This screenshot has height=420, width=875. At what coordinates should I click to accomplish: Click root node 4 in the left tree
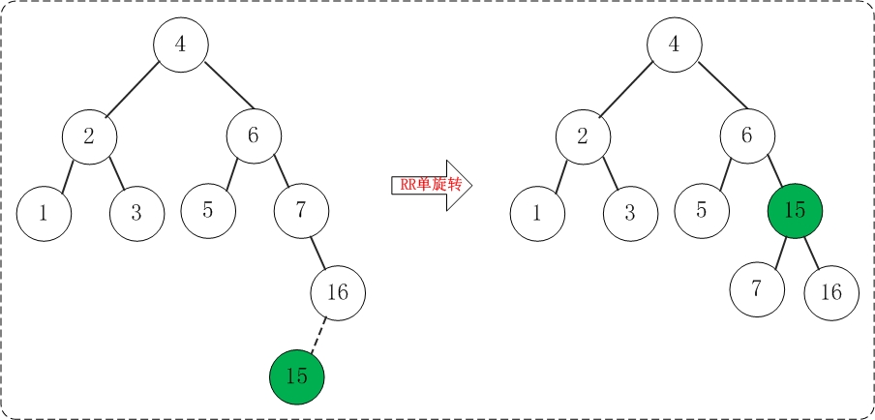[181, 45]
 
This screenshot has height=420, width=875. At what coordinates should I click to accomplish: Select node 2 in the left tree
[89, 135]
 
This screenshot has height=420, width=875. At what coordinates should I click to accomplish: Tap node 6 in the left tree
[254, 135]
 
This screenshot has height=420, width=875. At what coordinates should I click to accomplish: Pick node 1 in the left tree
[44, 213]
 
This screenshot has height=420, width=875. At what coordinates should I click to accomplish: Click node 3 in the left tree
[136, 213]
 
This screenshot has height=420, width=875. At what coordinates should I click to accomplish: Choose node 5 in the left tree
[208, 210]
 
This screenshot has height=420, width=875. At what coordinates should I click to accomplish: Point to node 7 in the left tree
[300, 210]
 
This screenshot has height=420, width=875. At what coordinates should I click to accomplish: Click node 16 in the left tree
[338, 291]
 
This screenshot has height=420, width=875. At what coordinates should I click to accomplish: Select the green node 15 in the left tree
[297, 376]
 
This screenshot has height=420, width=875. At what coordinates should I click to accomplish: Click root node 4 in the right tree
[675, 45]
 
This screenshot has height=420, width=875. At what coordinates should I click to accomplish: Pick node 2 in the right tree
[583, 135]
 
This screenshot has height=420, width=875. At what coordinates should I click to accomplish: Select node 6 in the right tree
[747, 135]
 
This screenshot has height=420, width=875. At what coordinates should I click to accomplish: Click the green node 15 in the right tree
[794, 210]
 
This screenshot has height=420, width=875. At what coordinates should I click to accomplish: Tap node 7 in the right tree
[757, 289]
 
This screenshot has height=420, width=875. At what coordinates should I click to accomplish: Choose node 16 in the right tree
[830, 290]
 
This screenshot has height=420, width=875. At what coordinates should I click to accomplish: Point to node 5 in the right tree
[702, 210]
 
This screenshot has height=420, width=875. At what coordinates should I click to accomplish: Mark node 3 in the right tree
[629, 213]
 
